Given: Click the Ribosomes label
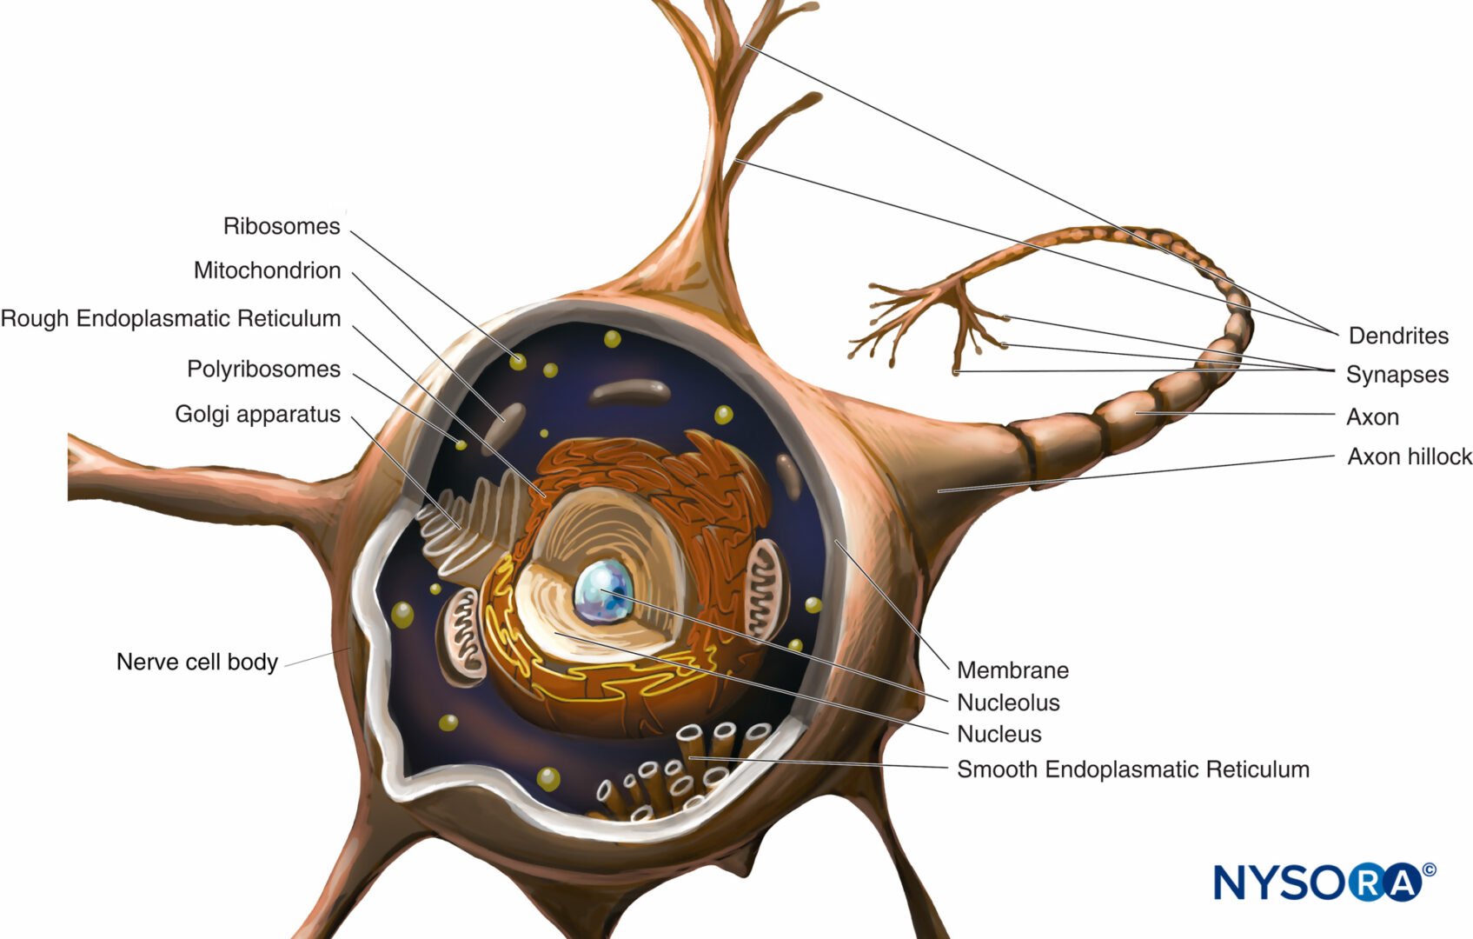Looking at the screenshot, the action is coord(282,226).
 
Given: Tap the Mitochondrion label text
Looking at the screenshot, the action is coord(267,270).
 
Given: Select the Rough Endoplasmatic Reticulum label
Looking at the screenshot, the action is coord(170,318).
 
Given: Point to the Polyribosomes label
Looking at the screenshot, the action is coord(263,370).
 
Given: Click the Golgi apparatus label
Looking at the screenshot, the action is coord(258,415).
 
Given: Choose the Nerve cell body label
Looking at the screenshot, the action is coord(197,662).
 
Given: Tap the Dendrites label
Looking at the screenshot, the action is coord(1398,336).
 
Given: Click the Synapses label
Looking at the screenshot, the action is coord(1397,375).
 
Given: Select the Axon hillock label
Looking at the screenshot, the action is coord(1410,456).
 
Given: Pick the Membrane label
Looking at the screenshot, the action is coord(1012,670).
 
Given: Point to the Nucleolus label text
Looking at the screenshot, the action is coord(1008,703).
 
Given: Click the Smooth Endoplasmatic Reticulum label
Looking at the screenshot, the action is coord(1133,769).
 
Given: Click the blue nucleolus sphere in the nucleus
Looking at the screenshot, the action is coord(604,591).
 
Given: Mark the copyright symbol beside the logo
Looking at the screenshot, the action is coord(1429,870).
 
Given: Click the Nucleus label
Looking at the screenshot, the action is coord(999,735).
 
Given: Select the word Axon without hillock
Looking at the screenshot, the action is coord(1372,417).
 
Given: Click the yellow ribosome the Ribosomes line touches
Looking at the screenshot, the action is coord(518,362).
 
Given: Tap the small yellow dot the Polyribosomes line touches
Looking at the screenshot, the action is coord(461,445).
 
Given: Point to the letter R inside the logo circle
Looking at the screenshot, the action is coord(1368,882).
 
